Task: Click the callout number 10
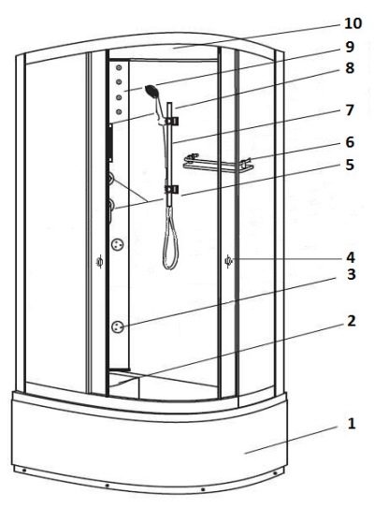pyautogui.click(x=352, y=23)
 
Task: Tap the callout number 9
pyautogui.click(x=350, y=47)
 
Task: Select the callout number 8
pyautogui.click(x=350, y=68)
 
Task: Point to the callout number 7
pyautogui.click(x=350, y=110)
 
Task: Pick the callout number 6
pyautogui.click(x=350, y=142)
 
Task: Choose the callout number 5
pyautogui.click(x=350, y=165)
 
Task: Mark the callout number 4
pyautogui.click(x=351, y=257)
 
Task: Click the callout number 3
pyautogui.click(x=352, y=274)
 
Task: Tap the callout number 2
pyautogui.click(x=352, y=321)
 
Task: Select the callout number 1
pyautogui.click(x=352, y=424)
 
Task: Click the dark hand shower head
pyautogui.click(x=151, y=91)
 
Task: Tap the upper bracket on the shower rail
pyautogui.click(x=171, y=121)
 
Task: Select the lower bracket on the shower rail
pyautogui.click(x=171, y=190)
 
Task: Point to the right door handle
pyautogui.click(x=228, y=261)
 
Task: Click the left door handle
pyautogui.click(x=100, y=261)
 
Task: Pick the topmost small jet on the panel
pyautogui.click(x=119, y=67)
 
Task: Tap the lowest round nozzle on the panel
pyautogui.click(x=117, y=327)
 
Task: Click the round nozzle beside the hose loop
pyautogui.click(x=117, y=244)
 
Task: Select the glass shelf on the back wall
pyautogui.click(x=218, y=164)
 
